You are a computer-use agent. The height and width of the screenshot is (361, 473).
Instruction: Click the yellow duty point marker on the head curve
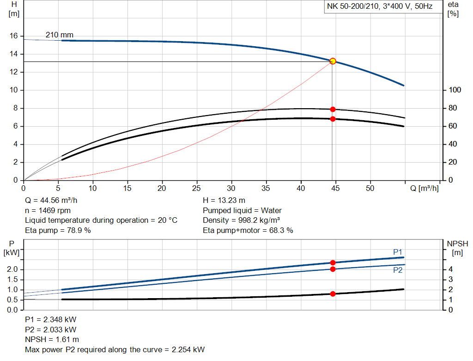[333, 61]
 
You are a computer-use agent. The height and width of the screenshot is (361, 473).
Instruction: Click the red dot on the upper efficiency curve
[333, 109]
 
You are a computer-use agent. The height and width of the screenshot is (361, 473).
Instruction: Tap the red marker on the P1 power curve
[333, 263]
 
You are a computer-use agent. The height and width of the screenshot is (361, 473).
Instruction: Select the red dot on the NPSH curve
[333, 294]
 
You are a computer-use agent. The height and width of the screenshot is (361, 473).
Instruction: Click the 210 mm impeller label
[59, 35]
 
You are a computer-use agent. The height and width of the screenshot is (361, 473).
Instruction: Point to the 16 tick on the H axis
[13, 36]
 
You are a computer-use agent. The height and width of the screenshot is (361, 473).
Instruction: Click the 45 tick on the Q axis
[335, 188]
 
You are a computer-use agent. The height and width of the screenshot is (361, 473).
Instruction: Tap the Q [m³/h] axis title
[424, 188]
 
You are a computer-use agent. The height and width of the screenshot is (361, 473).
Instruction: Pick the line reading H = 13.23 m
[224, 201]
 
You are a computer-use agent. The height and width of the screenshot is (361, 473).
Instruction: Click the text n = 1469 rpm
[48, 210]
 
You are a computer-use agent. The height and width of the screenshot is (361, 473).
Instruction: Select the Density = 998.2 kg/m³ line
[241, 220]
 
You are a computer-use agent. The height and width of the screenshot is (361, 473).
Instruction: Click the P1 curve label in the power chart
[398, 252]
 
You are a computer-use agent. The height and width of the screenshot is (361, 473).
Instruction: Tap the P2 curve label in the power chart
[398, 270]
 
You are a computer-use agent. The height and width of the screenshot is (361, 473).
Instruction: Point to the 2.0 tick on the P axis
[13, 269]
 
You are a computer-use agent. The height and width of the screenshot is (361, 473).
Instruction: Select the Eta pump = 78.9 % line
[58, 230]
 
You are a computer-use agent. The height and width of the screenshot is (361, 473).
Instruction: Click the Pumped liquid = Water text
[242, 210]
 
